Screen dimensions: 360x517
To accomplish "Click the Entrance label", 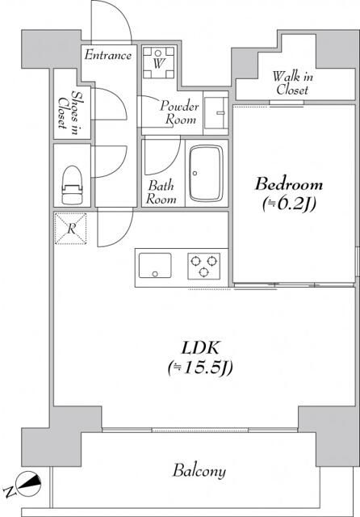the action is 107,55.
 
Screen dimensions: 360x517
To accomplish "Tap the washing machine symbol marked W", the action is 158,63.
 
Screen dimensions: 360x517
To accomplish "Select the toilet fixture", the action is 72,185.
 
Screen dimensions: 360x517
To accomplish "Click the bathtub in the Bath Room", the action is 206,173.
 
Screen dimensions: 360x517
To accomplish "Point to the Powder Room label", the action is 179,113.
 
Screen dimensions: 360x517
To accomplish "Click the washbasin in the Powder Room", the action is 216,113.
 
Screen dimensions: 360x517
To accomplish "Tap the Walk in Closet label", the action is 292,83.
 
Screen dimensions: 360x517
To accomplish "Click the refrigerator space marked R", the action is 71,229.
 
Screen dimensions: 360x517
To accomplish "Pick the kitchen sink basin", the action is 155,266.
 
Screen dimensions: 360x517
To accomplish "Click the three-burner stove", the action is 204,266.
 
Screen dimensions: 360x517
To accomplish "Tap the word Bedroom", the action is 289,184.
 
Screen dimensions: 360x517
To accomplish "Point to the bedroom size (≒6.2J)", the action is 289,204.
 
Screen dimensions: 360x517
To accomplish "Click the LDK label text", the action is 201,348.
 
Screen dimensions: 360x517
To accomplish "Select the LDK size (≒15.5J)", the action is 200,368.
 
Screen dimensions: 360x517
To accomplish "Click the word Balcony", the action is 199,471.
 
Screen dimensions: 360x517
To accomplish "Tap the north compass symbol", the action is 29,484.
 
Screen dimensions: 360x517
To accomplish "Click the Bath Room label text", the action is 161,192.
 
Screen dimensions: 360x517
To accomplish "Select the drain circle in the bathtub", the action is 195,173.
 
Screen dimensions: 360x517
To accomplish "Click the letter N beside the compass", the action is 10,491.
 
